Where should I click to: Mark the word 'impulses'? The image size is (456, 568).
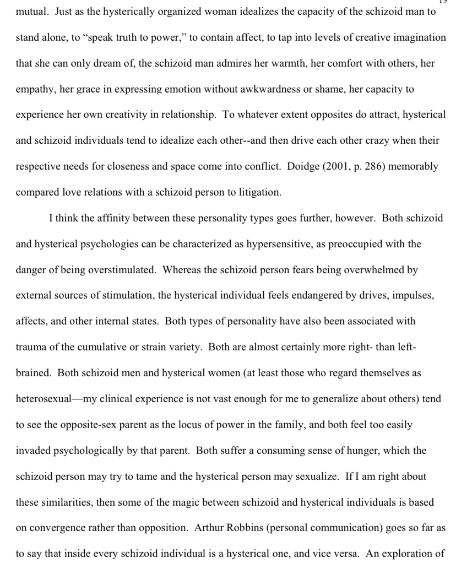[x=414, y=295]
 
